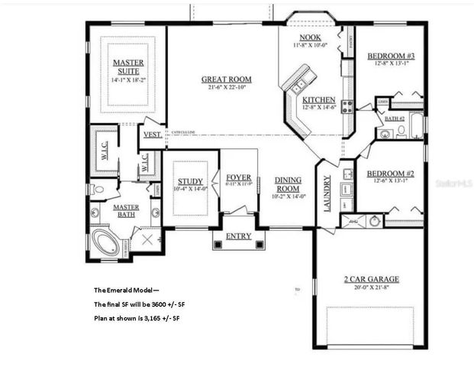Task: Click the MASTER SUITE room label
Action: pyautogui.click(x=128, y=67)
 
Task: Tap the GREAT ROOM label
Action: pyautogui.click(x=226, y=79)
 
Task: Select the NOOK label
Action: pyautogui.click(x=310, y=37)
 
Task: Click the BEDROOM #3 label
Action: pyautogui.click(x=391, y=56)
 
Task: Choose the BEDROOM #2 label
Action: pyautogui.click(x=390, y=173)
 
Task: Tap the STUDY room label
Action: pyautogui.click(x=190, y=181)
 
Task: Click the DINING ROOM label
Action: pyautogui.click(x=289, y=183)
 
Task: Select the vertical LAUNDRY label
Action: pyautogui.click(x=327, y=195)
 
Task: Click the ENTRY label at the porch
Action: pyautogui.click(x=238, y=236)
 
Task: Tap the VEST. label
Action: pyautogui.click(x=153, y=135)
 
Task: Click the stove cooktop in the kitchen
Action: pyautogui.click(x=347, y=107)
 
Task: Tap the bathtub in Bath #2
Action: pyautogui.click(x=416, y=125)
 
